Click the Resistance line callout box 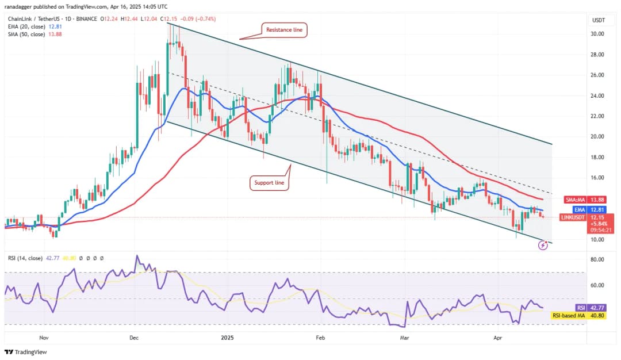click(x=285, y=30)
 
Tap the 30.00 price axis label click(x=598, y=34)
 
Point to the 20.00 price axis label click(x=598, y=137)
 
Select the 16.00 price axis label click(x=598, y=178)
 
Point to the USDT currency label click(x=598, y=20)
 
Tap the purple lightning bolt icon click(x=543, y=246)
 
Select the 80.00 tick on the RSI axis click(x=598, y=260)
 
